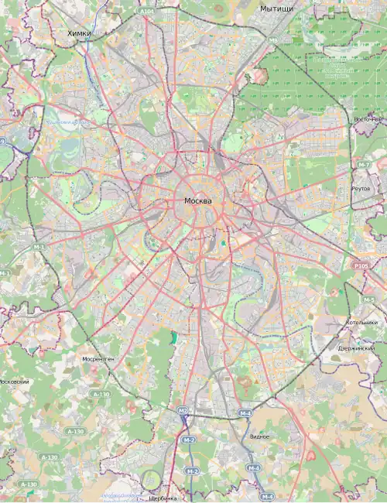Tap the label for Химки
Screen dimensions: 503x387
click(79, 33)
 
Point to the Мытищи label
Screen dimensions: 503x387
click(277, 8)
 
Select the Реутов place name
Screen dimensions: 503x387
click(361, 188)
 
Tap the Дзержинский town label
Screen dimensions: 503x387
click(356, 348)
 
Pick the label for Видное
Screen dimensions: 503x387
click(260, 436)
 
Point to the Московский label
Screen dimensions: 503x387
click(14, 382)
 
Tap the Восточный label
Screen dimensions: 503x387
click(368, 119)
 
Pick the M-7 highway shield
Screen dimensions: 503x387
click(365, 166)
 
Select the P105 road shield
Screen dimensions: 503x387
click(361, 266)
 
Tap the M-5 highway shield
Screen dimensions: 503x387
click(368, 299)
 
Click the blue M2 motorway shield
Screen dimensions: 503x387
click(183, 411)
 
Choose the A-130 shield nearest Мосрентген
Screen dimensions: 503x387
click(101, 394)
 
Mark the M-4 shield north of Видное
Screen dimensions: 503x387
click(245, 413)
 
